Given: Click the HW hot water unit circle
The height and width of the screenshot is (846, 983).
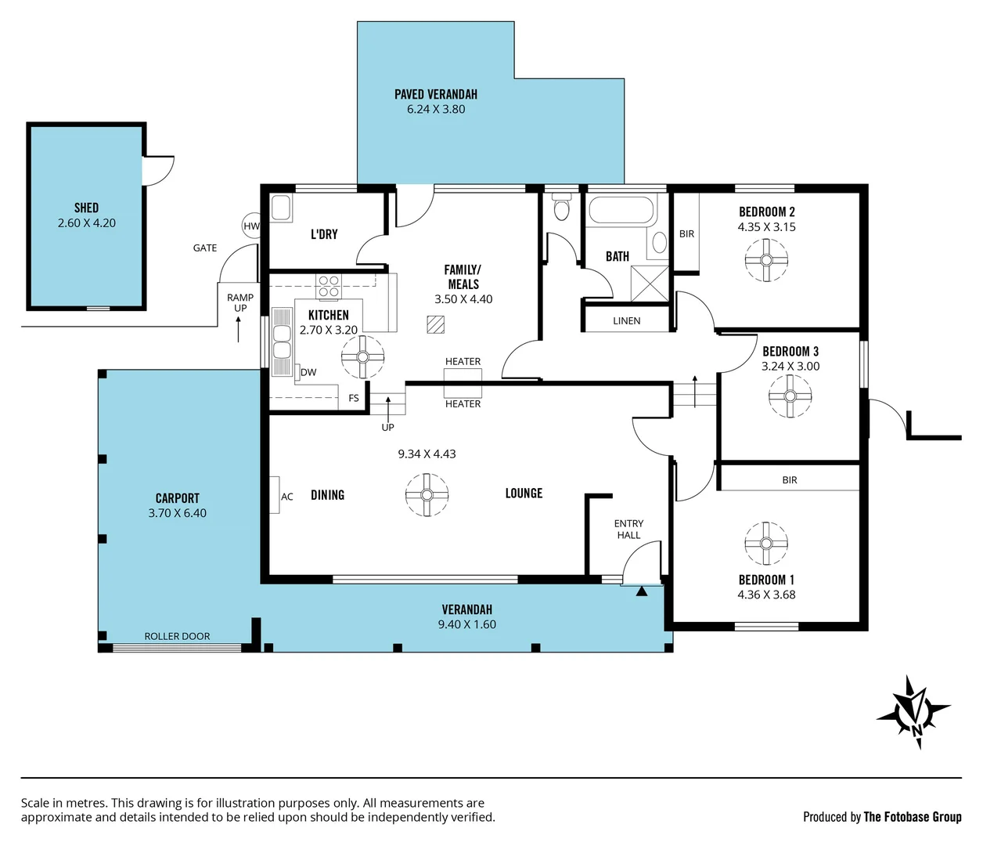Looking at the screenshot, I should tap(251, 226).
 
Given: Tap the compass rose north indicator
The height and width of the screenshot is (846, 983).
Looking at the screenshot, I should tap(914, 712).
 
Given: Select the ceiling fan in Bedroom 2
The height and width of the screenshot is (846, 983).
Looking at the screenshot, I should tap(766, 261).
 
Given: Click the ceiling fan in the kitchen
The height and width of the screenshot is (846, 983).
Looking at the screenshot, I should tap(362, 357).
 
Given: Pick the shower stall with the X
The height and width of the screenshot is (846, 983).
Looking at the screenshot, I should tap(650, 284).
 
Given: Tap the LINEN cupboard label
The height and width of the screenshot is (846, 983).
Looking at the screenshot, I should tap(626, 321).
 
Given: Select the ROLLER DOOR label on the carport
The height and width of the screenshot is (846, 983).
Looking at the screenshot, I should tap(177, 637).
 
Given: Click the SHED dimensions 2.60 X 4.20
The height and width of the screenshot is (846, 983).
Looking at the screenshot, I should tap(86, 223).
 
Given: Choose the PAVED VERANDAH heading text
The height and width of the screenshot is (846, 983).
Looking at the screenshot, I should tap(435, 95).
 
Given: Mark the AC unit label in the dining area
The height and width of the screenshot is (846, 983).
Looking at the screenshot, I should tap(287, 497).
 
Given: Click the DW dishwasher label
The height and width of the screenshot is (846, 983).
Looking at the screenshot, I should tap(308, 372).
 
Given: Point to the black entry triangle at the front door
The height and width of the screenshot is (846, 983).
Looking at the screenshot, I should tap(642, 591).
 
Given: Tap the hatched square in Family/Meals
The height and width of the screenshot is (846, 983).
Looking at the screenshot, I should tap(435, 324).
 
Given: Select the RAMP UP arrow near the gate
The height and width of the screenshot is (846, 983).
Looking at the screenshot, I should tap(238, 329).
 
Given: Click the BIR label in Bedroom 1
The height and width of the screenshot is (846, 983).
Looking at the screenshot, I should tap(789, 480).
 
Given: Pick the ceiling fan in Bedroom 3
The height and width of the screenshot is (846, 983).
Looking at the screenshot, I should tap(790, 396).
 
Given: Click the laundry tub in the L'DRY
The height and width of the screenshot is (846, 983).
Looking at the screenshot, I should tap(281, 208).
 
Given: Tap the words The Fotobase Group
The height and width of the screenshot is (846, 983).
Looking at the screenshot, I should tap(912, 817).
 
